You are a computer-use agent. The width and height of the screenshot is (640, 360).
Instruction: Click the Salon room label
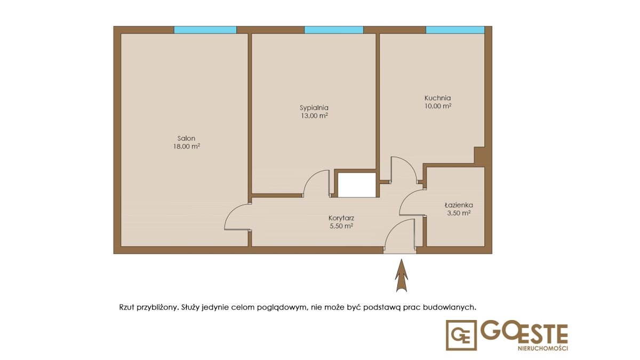186,139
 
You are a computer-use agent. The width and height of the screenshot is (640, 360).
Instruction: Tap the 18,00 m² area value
186,147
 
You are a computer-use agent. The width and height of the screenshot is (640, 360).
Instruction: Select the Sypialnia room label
314,108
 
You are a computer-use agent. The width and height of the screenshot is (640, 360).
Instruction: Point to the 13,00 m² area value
314,116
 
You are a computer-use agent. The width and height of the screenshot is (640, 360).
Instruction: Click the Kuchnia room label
438,98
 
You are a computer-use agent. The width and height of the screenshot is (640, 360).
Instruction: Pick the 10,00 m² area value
438,106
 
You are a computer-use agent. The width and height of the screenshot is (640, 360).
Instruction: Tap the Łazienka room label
459,205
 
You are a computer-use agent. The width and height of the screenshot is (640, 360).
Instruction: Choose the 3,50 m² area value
459,213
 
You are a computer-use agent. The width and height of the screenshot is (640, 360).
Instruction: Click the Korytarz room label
341,218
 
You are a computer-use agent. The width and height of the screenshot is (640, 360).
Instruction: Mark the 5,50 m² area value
341,226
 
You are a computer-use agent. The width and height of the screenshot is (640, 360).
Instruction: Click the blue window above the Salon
205,30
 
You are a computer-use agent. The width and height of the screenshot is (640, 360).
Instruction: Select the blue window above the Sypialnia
334,30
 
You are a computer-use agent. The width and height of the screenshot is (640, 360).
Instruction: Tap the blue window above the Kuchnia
455,30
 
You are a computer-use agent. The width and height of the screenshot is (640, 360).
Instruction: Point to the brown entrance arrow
402,275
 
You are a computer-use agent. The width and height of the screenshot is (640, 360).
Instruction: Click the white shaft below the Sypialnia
357,185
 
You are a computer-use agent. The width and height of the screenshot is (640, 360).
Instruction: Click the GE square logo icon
461,335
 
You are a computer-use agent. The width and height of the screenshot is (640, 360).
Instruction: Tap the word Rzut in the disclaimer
127,307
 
